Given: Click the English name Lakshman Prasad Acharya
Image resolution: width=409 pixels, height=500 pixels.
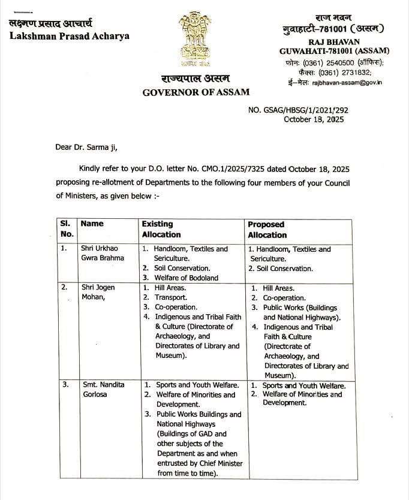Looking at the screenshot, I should coord(69,35).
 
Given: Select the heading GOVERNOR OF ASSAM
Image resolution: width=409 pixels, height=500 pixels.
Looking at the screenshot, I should coord(196,92).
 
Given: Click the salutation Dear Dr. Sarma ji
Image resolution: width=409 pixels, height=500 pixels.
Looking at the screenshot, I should coord(88,147).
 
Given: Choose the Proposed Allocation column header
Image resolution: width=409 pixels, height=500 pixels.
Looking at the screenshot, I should coord(267,229).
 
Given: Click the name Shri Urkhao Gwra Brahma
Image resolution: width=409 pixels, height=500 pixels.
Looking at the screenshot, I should coord(103,253).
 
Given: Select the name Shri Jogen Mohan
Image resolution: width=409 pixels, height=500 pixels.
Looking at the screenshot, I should coord(98,292).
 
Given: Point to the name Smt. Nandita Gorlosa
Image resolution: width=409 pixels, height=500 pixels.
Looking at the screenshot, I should coord(103,390).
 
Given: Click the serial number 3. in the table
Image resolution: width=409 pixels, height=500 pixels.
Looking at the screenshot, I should coord(65,385).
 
